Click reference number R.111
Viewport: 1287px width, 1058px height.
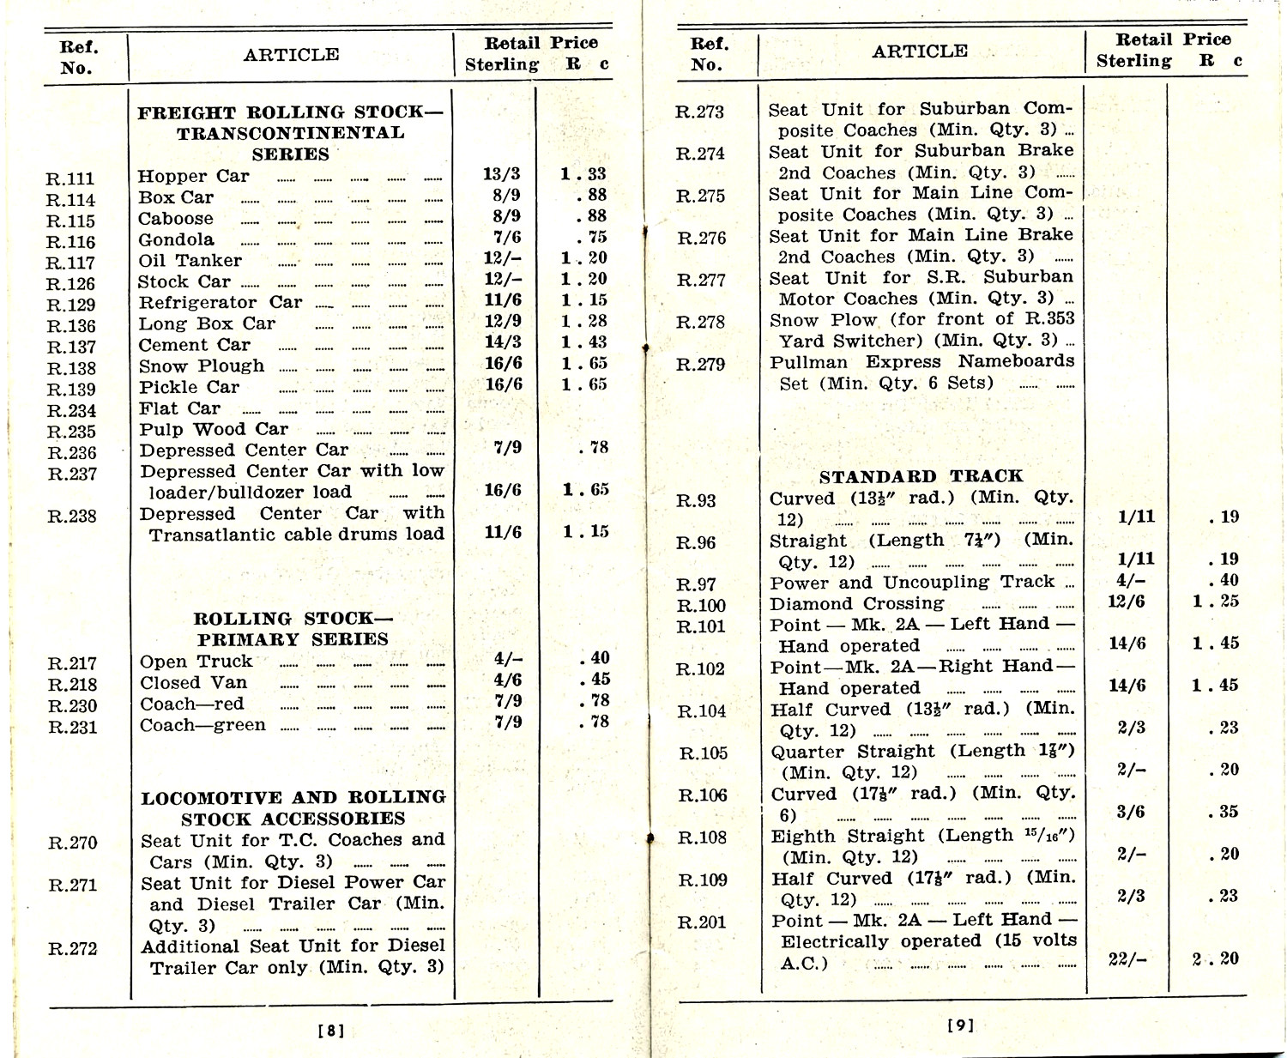[69, 178]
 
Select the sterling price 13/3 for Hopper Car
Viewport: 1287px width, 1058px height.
[502, 174]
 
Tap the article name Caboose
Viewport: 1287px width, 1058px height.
[176, 219]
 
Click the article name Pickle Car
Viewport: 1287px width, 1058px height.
[190, 387]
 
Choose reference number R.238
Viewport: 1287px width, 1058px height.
[72, 516]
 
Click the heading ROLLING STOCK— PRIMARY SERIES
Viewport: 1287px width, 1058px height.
[293, 629]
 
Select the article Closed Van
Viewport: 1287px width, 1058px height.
[194, 683]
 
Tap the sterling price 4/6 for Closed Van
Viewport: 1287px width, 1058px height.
[508, 680]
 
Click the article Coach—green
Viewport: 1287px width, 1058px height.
[203, 725]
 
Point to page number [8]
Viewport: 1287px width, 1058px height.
[331, 1031]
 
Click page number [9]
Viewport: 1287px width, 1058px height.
[961, 1025]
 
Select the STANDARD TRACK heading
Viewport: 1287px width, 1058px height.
[921, 476]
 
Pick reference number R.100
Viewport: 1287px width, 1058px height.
[701, 606]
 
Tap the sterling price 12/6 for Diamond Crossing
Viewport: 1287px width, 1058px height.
[1127, 602]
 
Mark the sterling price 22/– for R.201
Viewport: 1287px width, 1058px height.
[1127, 959]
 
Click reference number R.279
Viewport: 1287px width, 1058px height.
[700, 364]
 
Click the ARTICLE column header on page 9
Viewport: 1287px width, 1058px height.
[920, 51]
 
